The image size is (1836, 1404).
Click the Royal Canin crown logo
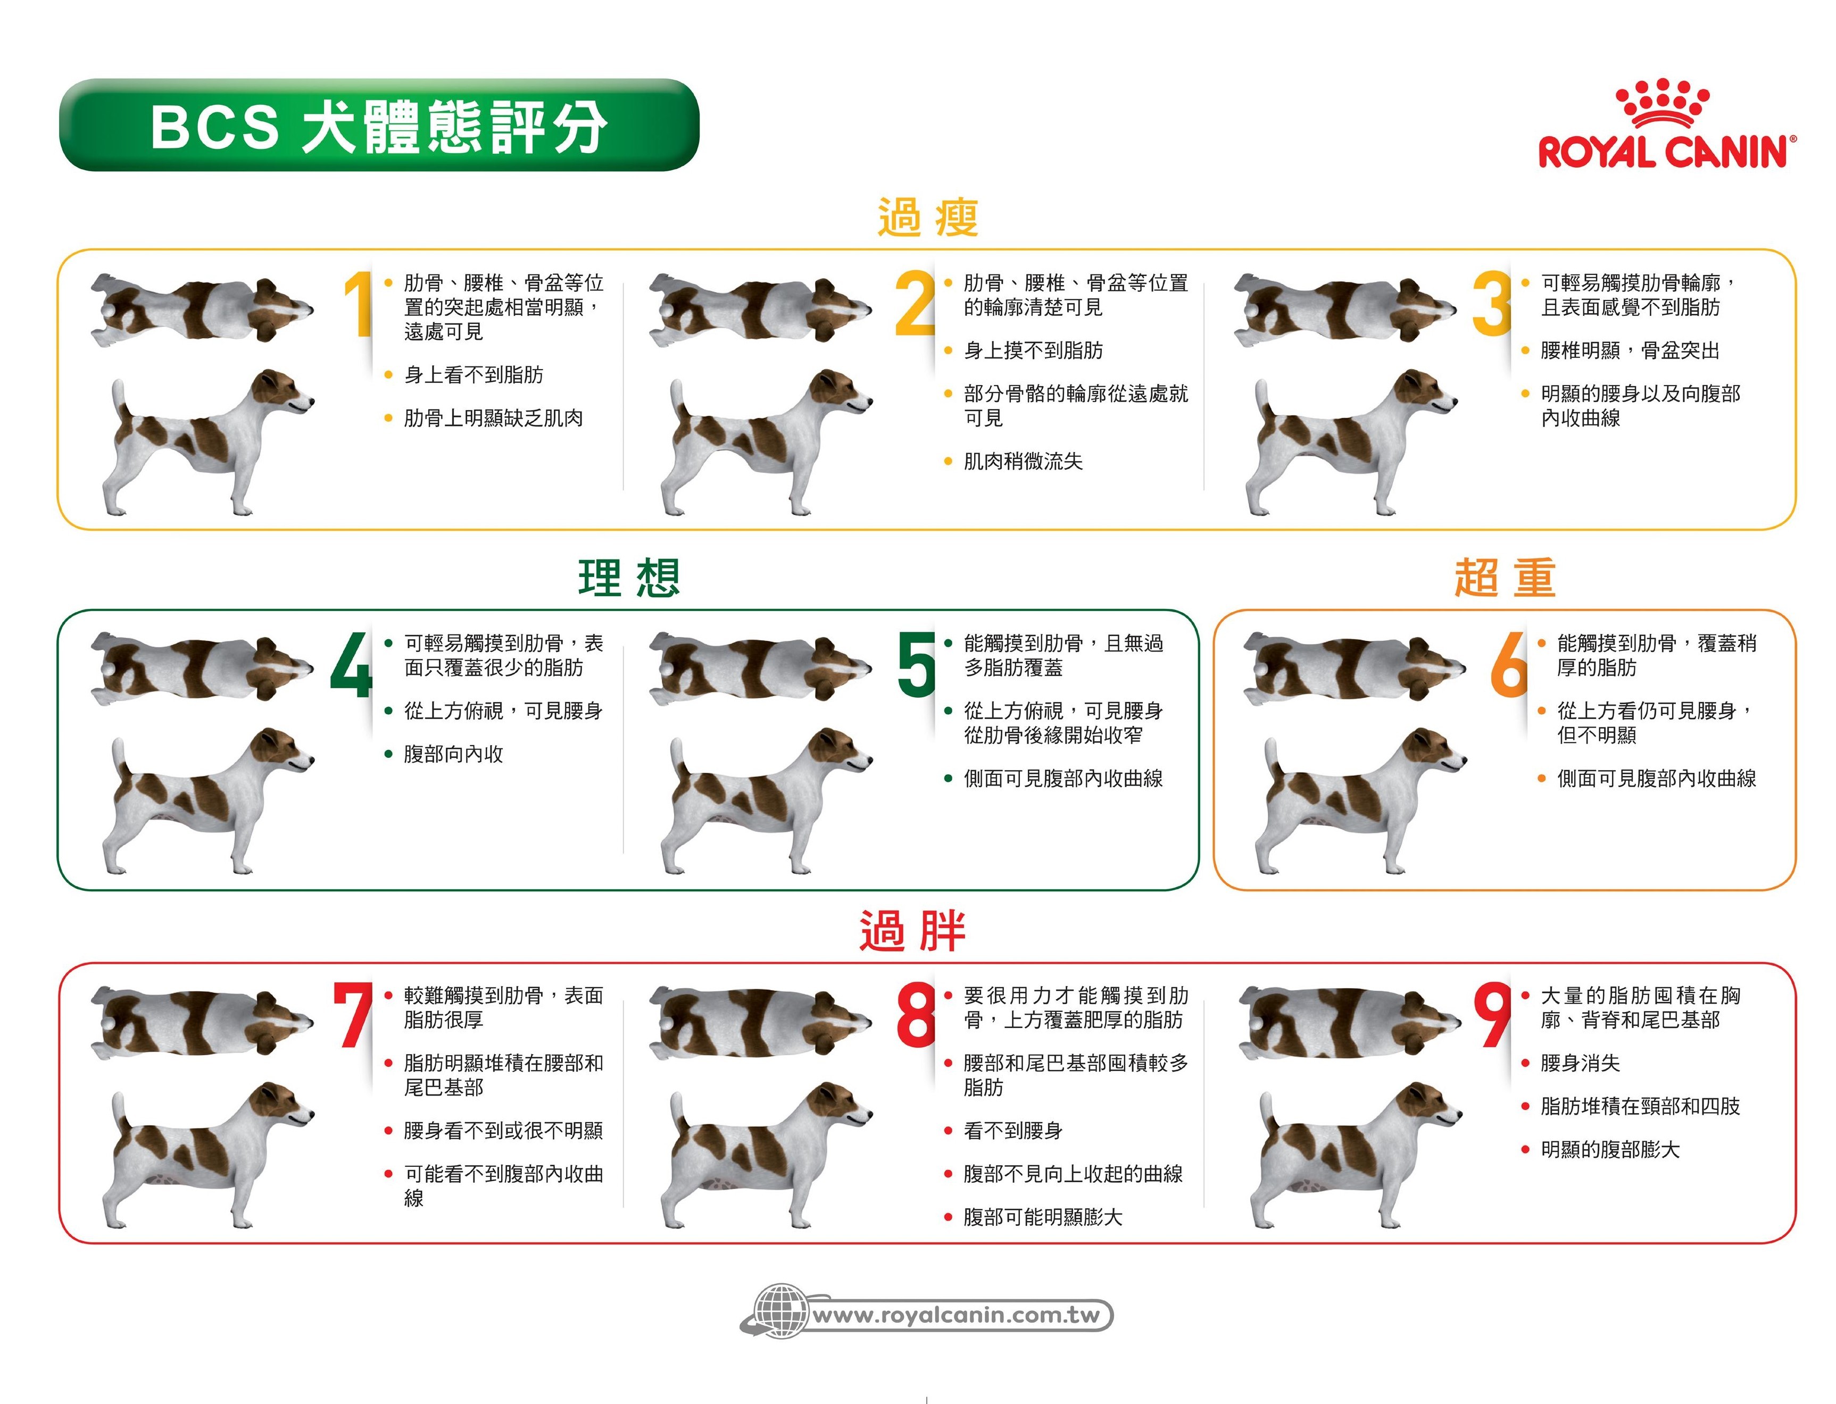pos(1661,104)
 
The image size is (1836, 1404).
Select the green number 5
pos(916,664)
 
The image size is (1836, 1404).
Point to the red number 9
pos(1492,1015)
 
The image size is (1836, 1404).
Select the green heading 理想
pos(629,578)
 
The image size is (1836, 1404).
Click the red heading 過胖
pos(913,931)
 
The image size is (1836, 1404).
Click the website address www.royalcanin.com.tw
pos(957,1315)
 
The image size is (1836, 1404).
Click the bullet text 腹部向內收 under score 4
pos(453,754)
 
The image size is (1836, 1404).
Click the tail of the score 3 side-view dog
pos(1262,397)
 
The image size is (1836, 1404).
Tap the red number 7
pos(354,1015)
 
